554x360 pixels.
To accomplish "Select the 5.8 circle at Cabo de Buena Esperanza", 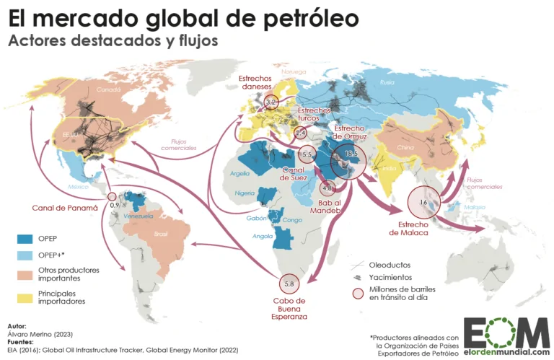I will [x=289, y=283].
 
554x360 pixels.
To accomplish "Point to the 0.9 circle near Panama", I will [x=112, y=196].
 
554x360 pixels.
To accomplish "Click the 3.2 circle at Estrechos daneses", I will [x=272, y=102].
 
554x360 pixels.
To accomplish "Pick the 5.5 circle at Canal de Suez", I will [x=306, y=154].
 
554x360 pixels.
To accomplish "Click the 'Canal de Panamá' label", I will [x=64, y=208].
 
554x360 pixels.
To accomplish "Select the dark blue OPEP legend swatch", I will [x=26, y=239].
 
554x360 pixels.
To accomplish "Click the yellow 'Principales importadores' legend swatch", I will [x=26, y=297].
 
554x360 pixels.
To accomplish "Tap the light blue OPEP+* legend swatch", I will [x=26, y=256].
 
